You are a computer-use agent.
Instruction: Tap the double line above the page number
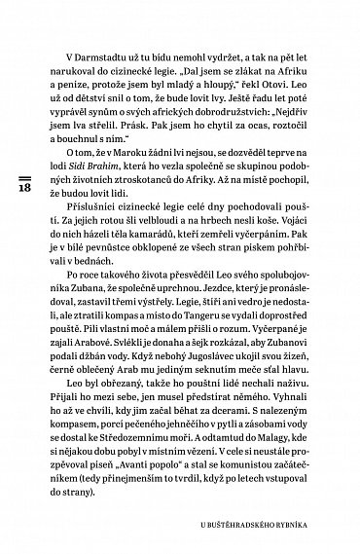25,154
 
